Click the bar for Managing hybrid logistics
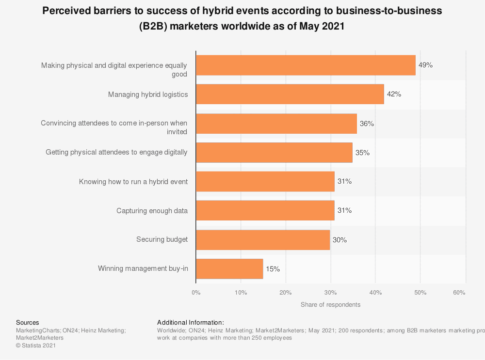coord(290,94)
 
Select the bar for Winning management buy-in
coord(229,269)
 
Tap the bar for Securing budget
coord(263,240)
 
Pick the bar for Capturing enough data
coord(265,211)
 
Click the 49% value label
coord(425,65)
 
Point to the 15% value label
coord(273,269)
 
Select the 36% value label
coord(367,124)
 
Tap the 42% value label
coord(394,94)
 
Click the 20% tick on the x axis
coord(285,293)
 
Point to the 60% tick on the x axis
coord(459,293)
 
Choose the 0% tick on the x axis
coord(196,293)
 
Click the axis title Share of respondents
coord(330,305)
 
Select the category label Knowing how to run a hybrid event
coord(133,182)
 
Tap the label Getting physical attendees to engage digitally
coord(116,152)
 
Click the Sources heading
coord(28,322)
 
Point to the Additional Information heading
coord(191,322)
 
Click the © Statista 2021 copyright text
coord(36,345)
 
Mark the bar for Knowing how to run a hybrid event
coord(265,182)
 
